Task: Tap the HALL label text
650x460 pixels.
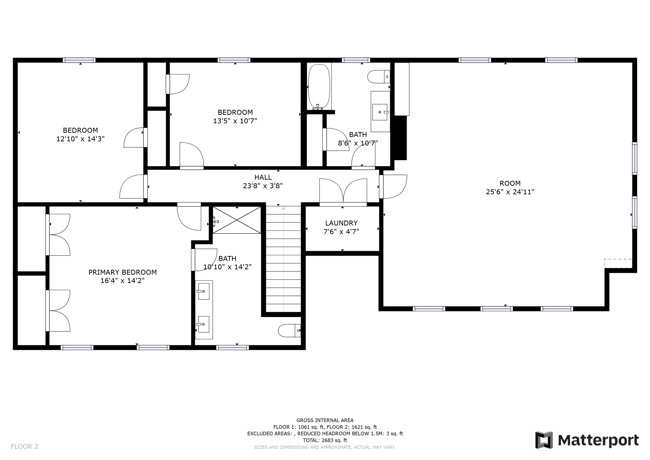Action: [263, 177]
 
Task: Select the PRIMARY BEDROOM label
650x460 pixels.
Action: [123, 272]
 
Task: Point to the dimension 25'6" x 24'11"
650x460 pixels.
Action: [510, 192]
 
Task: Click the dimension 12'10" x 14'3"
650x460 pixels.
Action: [80, 139]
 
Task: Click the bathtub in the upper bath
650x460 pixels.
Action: [319, 87]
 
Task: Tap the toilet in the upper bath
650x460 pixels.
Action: [379, 77]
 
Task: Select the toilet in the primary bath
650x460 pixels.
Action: [289, 331]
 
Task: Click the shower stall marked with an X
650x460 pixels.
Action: [237, 220]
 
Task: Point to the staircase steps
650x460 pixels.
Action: [283, 259]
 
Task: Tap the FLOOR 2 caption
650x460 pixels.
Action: [24, 447]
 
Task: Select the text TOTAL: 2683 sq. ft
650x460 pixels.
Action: [325, 440]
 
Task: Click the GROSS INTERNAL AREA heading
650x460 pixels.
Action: [325, 420]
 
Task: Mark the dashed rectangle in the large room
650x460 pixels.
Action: [618, 263]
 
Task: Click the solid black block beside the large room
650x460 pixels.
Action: [401, 138]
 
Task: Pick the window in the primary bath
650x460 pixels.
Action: [232, 347]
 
